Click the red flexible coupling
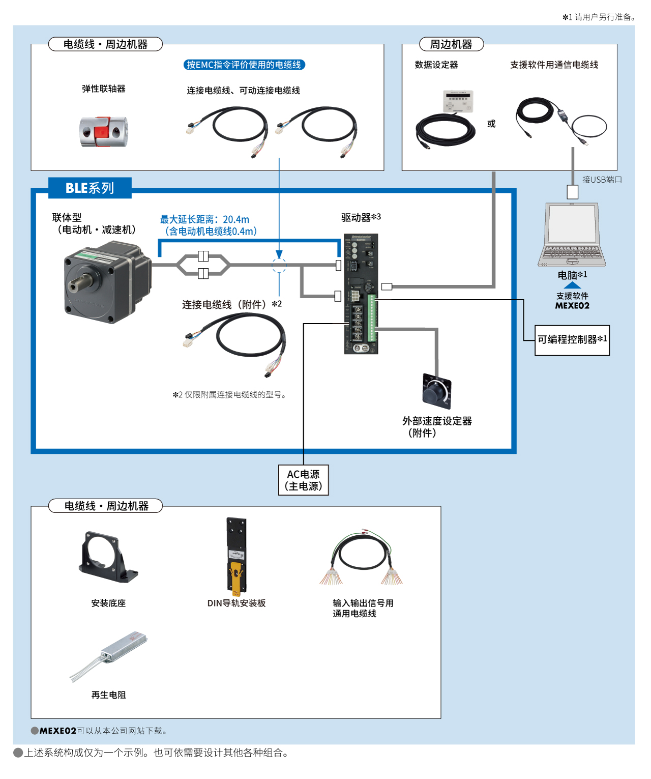tap(103, 131)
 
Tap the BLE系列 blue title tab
tap(90, 188)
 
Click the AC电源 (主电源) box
tap(304, 480)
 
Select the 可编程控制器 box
tap(572, 340)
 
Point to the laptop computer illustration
tap(572, 234)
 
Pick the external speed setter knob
tap(436, 392)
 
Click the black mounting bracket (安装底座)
tap(107, 557)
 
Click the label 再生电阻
tap(108, 695)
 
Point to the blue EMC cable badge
tap(244, 65)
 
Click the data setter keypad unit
tap(458, 101)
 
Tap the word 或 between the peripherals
tap(491, 124)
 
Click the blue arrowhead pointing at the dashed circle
tap(279, 254)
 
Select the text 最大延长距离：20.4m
tap(204, 219)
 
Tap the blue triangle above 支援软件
tap(572, 285)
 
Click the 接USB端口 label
tap(602, 180)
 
